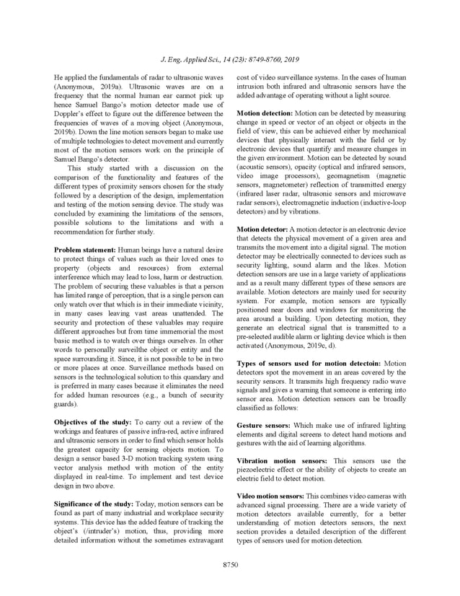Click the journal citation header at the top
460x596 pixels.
(x=229, y=59)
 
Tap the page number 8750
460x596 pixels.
(x=229, y=564)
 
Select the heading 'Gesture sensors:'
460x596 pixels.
(x=263, y=426)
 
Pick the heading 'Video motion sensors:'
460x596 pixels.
(x=270, y=495)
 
